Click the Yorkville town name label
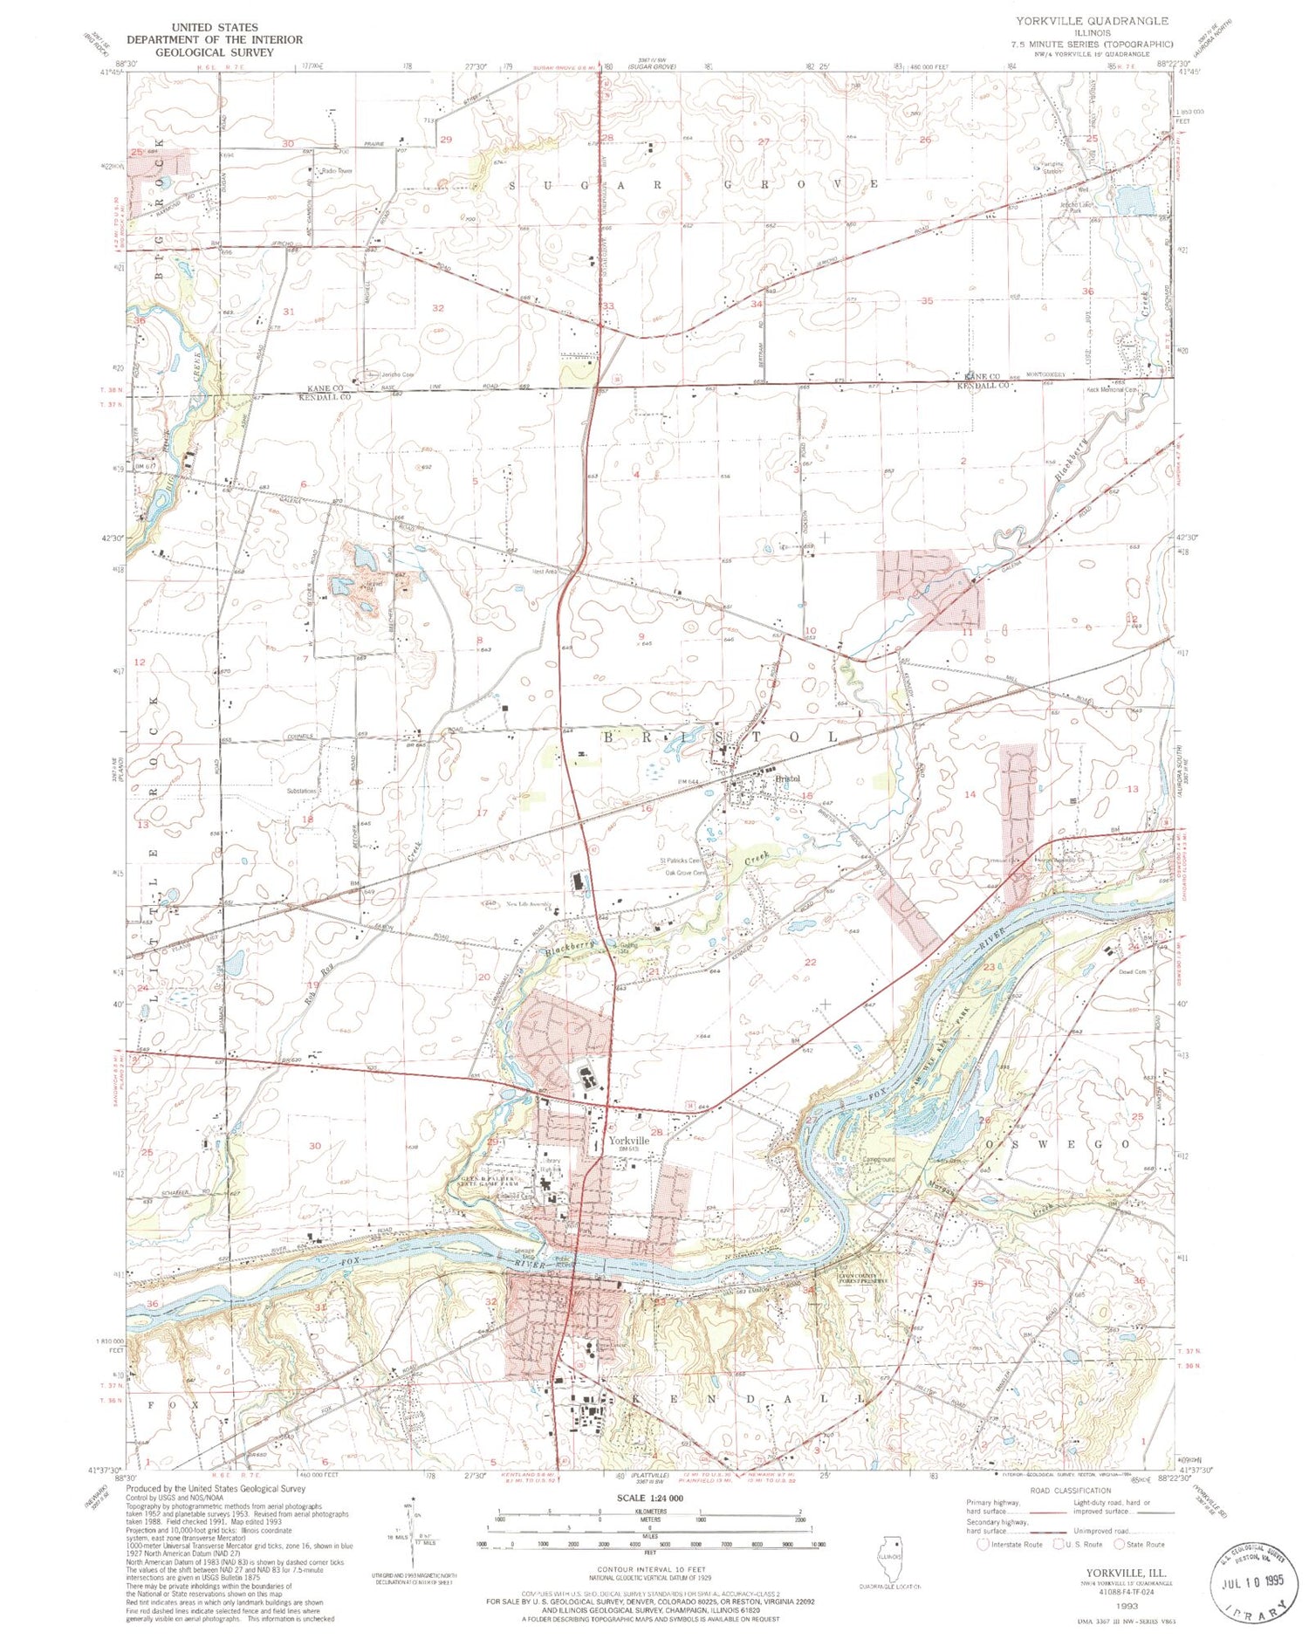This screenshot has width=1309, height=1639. [629, 1141]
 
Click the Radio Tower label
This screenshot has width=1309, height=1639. [337, 171]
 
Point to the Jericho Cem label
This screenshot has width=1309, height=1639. [397, 374]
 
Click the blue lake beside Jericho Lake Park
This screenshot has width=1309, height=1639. [1133, 201]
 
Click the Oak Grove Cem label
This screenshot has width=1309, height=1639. [686, 873]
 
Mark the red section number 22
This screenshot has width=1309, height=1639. [810, 962]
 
